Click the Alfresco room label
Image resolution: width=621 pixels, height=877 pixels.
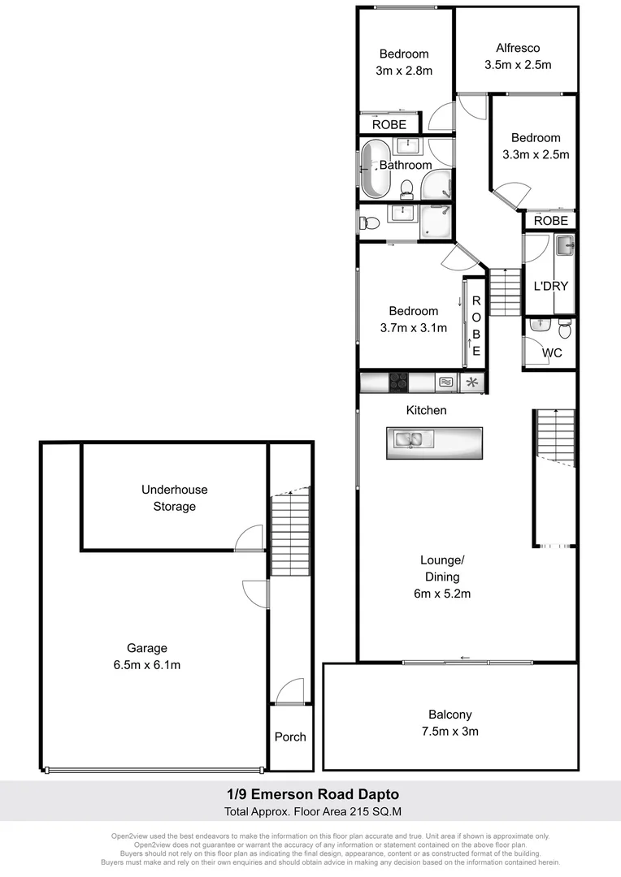point(512,48)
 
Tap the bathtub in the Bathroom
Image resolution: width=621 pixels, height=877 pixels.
point(376,169)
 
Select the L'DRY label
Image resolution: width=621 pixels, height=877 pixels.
point(550,286)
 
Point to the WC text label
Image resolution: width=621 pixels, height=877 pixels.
point(552,352)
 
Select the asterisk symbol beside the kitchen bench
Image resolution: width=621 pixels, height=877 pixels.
point(471,382)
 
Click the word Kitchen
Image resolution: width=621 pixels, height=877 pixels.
point(426,410)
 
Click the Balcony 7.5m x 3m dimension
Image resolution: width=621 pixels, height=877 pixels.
point(449,731)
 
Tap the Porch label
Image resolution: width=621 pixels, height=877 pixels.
point(290,737)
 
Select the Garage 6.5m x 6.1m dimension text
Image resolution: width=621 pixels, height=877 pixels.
point(147,665)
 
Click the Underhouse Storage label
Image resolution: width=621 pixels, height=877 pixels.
point(174,498)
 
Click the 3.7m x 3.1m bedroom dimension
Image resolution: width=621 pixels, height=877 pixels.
point(413,328)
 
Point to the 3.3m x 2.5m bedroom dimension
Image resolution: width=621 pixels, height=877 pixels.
point(536,153)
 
